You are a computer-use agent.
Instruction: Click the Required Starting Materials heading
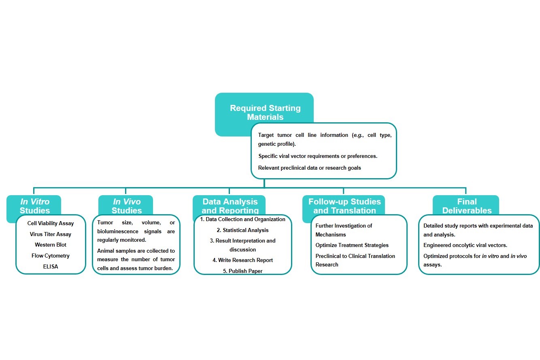pyautogui.click(x=265, y=113)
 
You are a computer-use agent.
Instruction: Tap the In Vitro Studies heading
pyautogui.click(x=35, y=206)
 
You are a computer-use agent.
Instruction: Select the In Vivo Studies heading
pyautogui.click(x=127, y=206)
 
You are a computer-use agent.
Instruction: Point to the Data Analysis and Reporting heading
pyautogui.click(x=230, y=206)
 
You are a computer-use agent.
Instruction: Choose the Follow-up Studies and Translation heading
pyautogui.click(x=344, y=206)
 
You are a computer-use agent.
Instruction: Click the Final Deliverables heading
pyautogui.click(x=467, y=206)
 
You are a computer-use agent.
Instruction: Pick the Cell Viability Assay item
pyautogui.click(x=51, y=224)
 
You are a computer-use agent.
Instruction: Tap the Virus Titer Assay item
pyautogui.click(x=51, y=234)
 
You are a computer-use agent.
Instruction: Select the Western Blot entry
pyautogui.click(x=51, y=245)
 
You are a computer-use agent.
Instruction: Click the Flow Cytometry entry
pyautogui.click(x=51, y=256)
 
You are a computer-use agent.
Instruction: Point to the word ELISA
pyautogui.click(x=51, y=266)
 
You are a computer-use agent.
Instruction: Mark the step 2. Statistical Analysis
pyautogui.click(x=242, y=230)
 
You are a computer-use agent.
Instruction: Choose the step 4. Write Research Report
pyautogui.click(x=242, y=260)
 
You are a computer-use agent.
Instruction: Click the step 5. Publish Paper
pyautogui.click(x=242, y=271)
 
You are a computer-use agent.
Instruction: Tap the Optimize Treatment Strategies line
pyautogui.click(x=352, y=245)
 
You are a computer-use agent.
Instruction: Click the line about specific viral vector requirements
pyautogui.click(x=318, y=156)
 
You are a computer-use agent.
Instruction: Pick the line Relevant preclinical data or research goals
pyautogui.click(x=309, y=168)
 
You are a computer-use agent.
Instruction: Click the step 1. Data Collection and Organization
pyautogui.click(x=242, y=219)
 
